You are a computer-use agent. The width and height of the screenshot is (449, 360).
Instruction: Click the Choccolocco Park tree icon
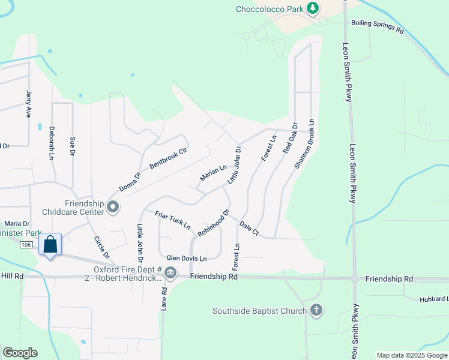tap(312, 8)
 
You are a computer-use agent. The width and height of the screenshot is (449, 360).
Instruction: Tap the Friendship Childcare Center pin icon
tap(112, 207)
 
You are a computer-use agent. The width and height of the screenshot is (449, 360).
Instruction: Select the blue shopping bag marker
tap(50, 244)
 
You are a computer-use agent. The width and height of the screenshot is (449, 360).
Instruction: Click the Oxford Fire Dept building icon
tap(170, 274)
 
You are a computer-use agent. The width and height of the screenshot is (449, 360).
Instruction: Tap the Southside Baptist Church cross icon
tap(316, 310)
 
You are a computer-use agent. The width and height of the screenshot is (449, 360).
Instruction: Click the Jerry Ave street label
tap(28, 104)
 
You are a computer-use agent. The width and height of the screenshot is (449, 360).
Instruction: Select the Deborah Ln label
tap(52, 142)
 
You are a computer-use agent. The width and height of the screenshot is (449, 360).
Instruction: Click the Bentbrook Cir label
tap(168, 157)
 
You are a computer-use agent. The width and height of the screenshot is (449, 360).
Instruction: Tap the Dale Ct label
tap(249, 227)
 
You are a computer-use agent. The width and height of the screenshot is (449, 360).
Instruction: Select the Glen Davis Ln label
tap(187, 258)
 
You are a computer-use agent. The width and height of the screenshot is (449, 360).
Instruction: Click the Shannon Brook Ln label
tap(305, 143)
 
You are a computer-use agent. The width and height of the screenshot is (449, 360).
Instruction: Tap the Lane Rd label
tap(164, 298)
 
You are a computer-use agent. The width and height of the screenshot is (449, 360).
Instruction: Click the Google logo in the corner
tap(20, 353)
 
